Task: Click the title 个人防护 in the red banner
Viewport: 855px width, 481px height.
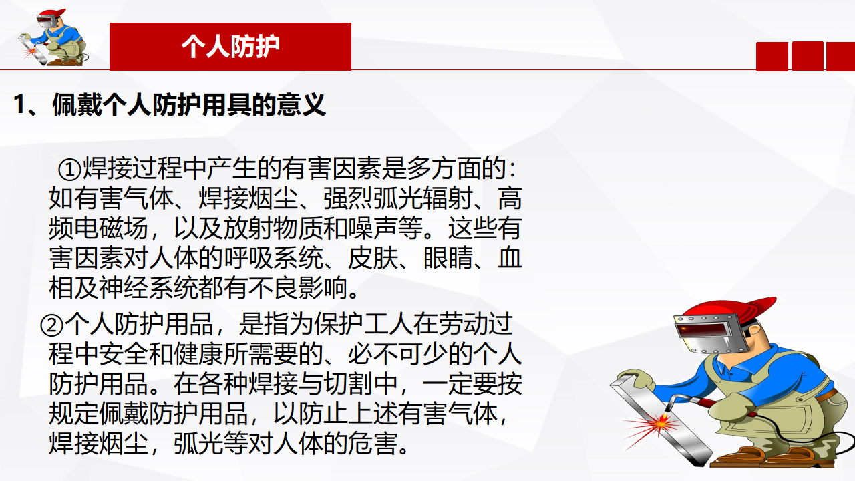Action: tap(230, 47)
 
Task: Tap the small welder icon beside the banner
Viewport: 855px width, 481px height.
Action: tap(53, 37)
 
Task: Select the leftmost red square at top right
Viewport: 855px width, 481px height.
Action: tap(772, 57)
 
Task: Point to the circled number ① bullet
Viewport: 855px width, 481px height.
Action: tap(69, 169)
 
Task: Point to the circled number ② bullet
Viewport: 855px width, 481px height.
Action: tap(51, 325)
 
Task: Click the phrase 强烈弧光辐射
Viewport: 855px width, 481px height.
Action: tap(398, 198)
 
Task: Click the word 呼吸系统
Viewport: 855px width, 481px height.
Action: tap(273, 258)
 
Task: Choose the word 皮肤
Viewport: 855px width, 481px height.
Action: tap(373, 258)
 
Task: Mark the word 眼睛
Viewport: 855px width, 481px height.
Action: tap(448, 258)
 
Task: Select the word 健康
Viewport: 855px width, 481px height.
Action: tap(198, 354)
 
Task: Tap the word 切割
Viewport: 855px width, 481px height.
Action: tap(348, 384)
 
